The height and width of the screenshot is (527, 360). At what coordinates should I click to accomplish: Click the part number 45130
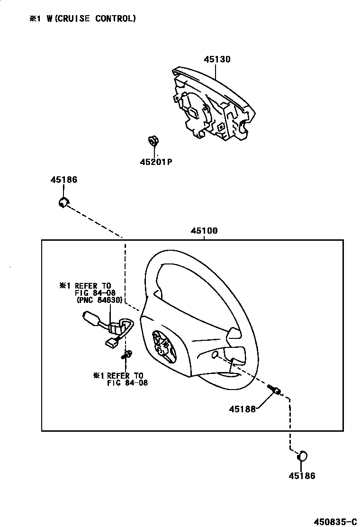tap(217, 60)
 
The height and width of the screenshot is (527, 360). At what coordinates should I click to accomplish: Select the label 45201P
tap(155, 162)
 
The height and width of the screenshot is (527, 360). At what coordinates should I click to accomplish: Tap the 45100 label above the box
tap(204, 231)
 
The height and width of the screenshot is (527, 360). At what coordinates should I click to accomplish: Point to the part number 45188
tap(243, 409)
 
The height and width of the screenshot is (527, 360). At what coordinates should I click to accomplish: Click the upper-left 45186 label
tap(64, 180)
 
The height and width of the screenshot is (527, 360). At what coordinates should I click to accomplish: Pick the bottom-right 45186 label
tap(302, 476)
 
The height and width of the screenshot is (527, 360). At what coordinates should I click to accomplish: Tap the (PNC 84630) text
tap(99, 300)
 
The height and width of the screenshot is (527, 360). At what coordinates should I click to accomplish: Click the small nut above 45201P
tap(153, 141)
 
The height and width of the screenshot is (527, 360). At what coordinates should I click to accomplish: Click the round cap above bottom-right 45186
tap(302, 456)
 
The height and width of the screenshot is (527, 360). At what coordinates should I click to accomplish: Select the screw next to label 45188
tap(274, 390)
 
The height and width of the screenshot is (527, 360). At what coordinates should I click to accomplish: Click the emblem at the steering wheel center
tap(161, 345)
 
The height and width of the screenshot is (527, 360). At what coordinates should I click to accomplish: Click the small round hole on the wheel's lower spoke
tap(215, 354)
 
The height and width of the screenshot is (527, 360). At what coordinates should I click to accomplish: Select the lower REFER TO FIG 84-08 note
tap(121, 379)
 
